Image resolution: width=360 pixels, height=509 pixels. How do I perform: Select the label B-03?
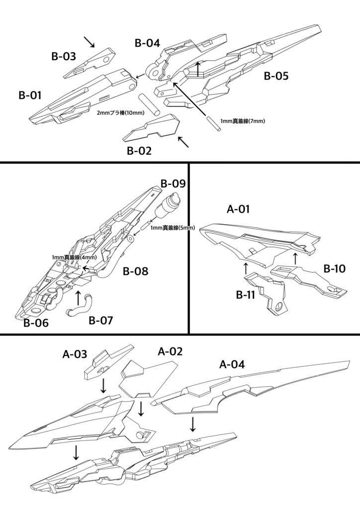click(x=64, y=57)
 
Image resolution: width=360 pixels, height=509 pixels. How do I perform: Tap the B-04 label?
click(x=147, y=43)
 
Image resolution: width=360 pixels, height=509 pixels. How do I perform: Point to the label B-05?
click(x=276, y=77)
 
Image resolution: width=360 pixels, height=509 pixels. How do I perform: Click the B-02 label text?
click(x=139, y=150)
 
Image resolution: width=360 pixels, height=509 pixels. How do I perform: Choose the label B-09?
click(x=173, y=183)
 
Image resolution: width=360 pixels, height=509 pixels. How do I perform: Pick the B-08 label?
click(x=135, y=271)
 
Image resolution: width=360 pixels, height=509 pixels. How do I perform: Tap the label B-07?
click(x=101, y=321)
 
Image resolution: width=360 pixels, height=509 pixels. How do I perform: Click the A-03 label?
click(x=75, y=354)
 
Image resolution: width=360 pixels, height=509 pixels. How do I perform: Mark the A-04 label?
click(x=232, y=364)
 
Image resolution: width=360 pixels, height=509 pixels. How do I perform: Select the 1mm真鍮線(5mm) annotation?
click(x=173, y=228)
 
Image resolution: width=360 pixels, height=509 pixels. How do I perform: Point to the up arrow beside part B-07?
click(x=78, y=298)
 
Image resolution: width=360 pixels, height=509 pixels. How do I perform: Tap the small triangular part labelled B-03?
click(x=90, y=63)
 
